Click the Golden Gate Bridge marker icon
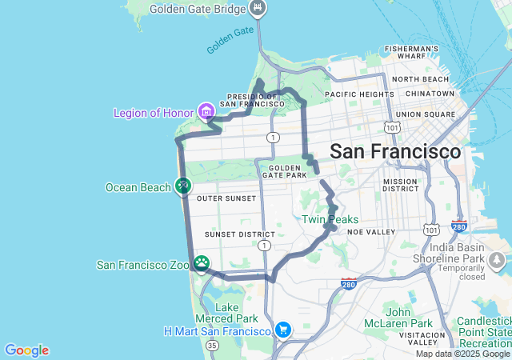tap(257, 8)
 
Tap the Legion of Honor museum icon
tap(206, 110)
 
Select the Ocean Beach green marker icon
tap(182, 186)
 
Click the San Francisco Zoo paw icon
tap(202, 263)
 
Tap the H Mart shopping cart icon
tap(282, 330)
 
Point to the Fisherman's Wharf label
tap(411, 53)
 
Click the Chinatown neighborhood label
tap(430, 93)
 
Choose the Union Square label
tap(425, 114)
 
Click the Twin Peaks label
tap(330, 219)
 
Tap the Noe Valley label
tap(373, 231)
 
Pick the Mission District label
tap(400, 186)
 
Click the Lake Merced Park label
tap(227, 313)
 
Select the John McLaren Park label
tap(408, 318)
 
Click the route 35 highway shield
tap(211, 345)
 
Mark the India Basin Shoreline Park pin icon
tap(498, 261)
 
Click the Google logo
tap(26, 350)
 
